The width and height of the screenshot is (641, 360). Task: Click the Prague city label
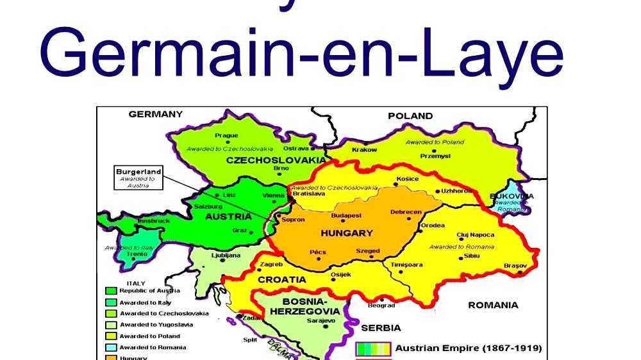226,136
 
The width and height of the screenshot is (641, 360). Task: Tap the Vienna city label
274,195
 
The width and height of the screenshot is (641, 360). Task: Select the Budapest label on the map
346,216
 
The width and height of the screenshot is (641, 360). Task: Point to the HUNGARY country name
346,233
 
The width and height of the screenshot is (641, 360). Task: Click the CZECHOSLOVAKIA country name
276,160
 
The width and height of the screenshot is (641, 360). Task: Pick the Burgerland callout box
138,178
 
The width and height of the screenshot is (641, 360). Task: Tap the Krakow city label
364,150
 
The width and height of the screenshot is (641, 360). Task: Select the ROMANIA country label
493,305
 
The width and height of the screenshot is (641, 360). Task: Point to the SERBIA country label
381,327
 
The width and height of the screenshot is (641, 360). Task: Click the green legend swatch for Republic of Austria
110,291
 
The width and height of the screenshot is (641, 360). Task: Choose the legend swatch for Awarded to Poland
110,336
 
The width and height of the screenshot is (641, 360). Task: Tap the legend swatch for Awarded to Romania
110,348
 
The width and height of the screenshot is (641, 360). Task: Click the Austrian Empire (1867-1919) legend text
468,348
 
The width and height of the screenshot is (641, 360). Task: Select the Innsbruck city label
154,221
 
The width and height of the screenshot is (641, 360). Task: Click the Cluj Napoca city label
475,234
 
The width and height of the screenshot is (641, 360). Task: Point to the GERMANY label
155,114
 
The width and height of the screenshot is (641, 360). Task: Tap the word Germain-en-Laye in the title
301,53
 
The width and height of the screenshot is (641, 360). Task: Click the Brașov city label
515,265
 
